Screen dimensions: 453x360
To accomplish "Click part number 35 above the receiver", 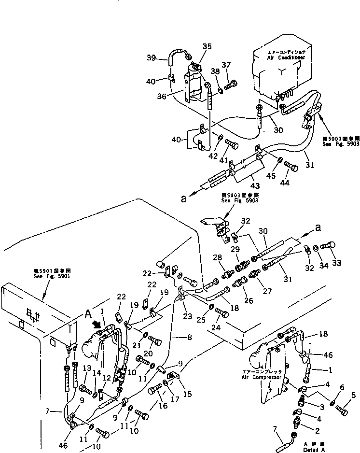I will (207, 46).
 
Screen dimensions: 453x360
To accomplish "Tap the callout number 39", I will (152, 58).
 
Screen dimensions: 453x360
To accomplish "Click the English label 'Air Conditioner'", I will (286, 57).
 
